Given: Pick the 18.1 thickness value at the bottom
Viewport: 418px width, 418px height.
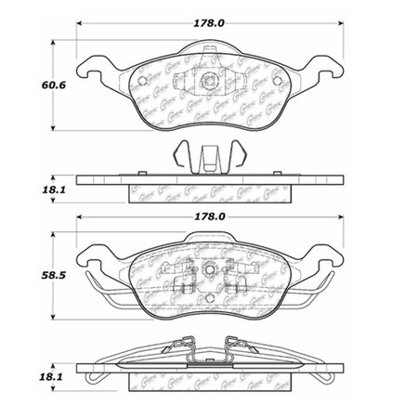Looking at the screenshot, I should pos(25,378).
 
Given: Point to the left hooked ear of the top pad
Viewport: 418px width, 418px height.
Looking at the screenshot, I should pos(93,67).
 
